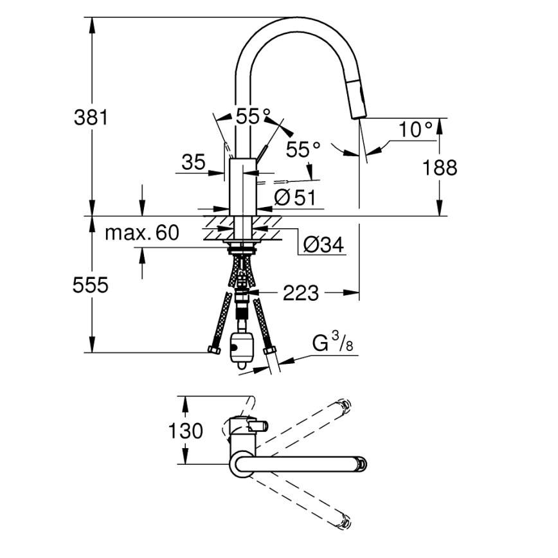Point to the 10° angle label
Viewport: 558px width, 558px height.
[x=415, y=129]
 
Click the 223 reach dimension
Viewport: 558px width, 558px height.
[x=300, y=293]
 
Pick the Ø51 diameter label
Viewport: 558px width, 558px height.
[x=295, y=199]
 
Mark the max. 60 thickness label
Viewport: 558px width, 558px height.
[x=141, y=233]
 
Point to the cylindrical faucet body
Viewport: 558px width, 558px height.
[x=242, y=186]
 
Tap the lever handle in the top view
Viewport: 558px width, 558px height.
[x=259, y=426]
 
